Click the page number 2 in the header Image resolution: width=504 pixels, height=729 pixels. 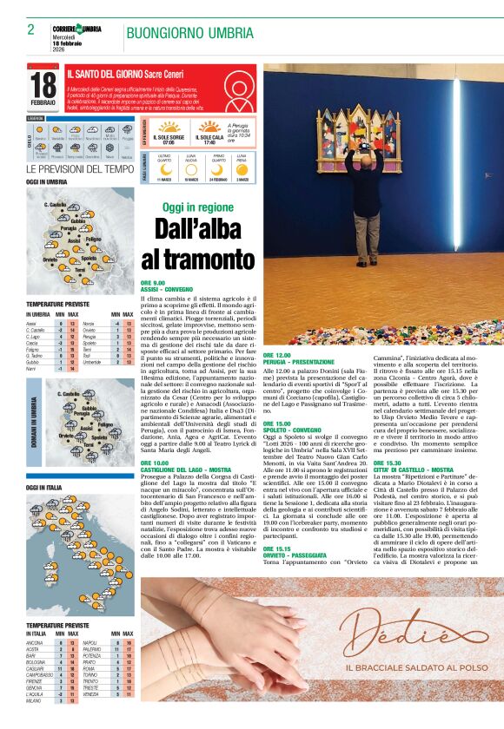pyautogui.click(x=30, y=30)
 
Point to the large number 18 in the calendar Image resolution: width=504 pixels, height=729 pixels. pyautogui.click(x=43, y=85)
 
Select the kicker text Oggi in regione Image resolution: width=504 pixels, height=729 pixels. pyautogui.click(x=197, y=207)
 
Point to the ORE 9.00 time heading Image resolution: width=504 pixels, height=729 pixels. pyautogui.click(x=153, y=283)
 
